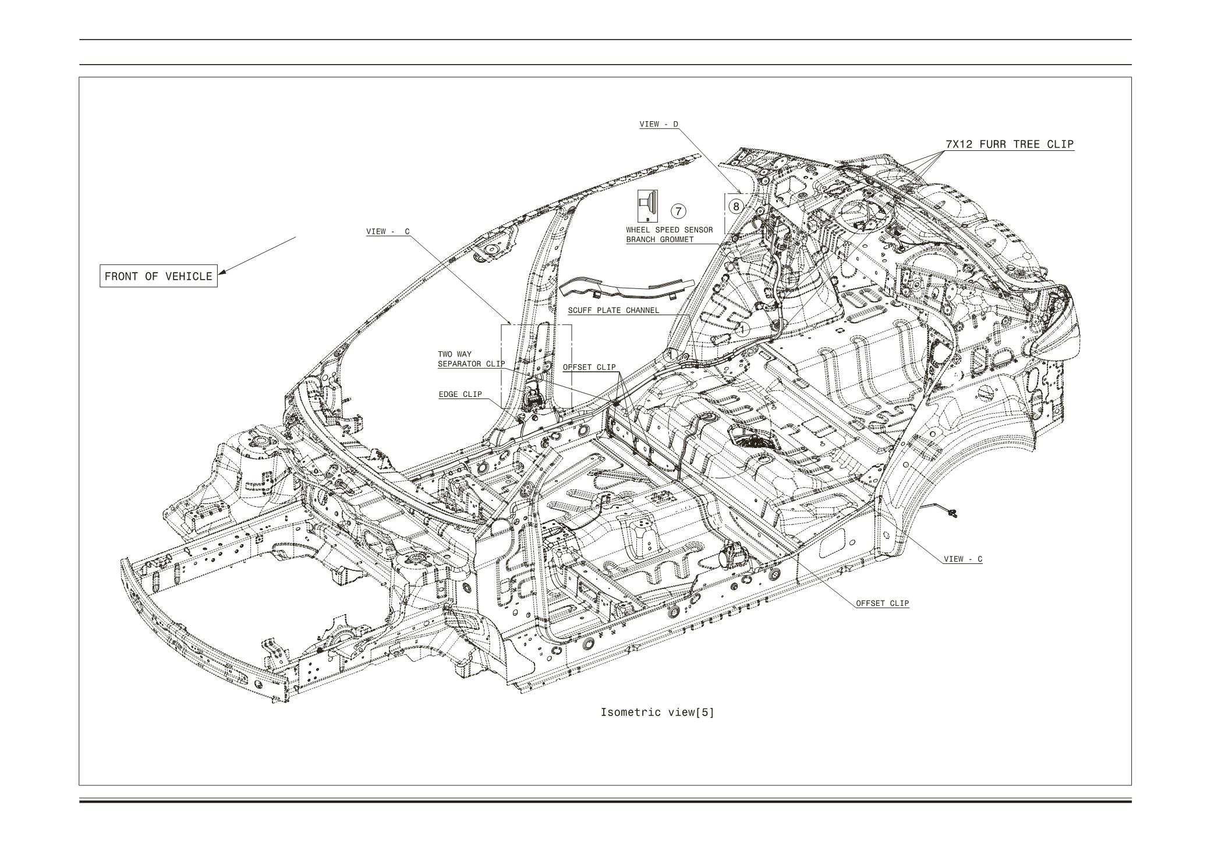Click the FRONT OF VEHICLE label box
[x=158, y=276]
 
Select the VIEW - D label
[x=658, y=124]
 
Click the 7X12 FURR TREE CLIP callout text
[x=1010, y=144]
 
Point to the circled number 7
[x=679, y=210]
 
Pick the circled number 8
[x=736, y=206]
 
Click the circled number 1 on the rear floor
[x=742, y=329]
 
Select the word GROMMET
[x=677, y=239]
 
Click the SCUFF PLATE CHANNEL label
[x=614, y=311]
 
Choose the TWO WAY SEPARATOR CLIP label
[x=471, y=359]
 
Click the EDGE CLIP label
[x=460, y=394]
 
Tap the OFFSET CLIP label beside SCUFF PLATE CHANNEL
[x=589, y=367]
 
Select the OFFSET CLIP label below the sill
[x=882, y=603]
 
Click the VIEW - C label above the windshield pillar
[x=387, y=232]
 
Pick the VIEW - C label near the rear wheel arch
[x=963, y=559]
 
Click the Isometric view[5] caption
[x=657, y=712]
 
